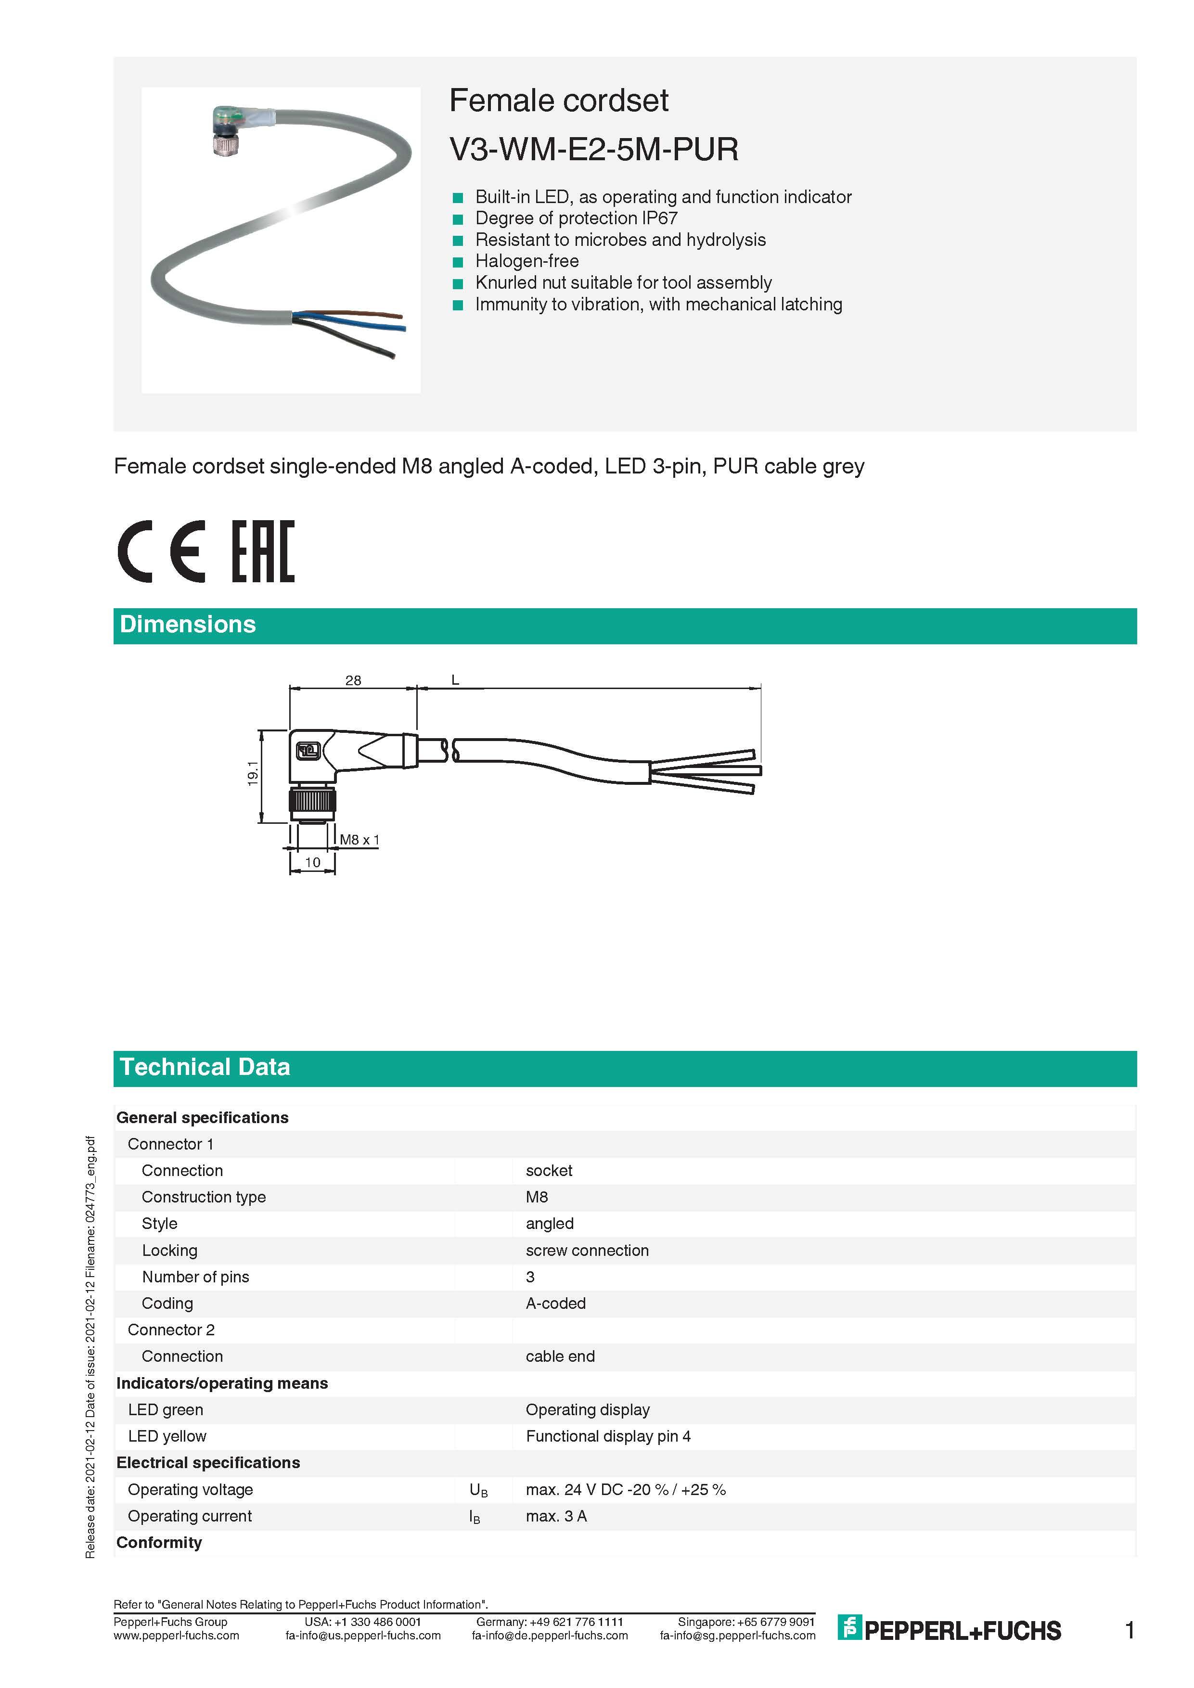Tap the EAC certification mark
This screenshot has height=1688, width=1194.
(263, 551)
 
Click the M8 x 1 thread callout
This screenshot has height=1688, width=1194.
(359, 840)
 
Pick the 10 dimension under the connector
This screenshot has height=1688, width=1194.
(312, 862)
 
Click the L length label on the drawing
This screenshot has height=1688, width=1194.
(455, 680)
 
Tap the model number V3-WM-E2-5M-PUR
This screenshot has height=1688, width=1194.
(593, 149)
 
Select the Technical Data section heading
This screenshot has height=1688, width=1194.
(205, 1067)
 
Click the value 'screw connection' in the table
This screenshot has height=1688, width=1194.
(587, 1251)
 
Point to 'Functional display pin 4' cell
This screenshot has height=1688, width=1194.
(608, 1436)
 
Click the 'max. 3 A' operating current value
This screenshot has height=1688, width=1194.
(556, 1516)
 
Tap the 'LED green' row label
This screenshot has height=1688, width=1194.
(166, 1410)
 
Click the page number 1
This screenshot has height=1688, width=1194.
(1130, 1631)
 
